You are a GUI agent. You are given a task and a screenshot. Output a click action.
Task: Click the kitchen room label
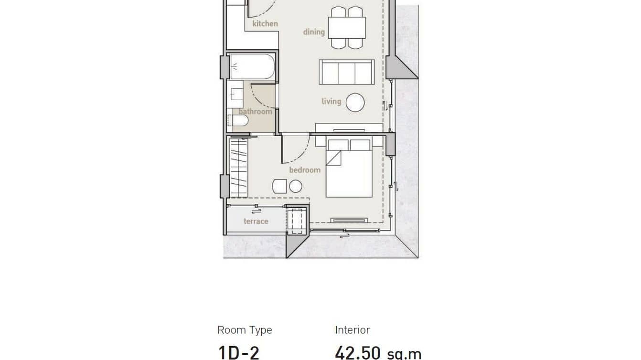coord(265,23)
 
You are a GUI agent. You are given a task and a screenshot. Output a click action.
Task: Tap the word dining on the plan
coord(314,32)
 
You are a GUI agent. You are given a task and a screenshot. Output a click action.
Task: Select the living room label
coord(331,101)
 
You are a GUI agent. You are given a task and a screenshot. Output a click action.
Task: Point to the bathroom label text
coord(255,111)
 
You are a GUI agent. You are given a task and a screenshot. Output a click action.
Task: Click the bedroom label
coord(304,170)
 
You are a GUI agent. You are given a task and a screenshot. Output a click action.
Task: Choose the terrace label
coord(256,221)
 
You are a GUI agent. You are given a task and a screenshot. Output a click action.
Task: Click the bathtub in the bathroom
coord(252,66)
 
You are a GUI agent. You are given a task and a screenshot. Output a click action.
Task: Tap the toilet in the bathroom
coord(238,122)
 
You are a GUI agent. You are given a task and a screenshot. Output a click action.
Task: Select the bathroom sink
coord(235,95)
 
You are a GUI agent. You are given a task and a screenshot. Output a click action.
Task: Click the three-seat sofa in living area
coord(346,72)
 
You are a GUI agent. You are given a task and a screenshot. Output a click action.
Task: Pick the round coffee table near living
coord(355,102)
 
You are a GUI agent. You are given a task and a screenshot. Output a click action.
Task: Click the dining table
coord(347,28)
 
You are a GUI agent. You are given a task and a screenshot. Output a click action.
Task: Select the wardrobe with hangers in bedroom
coord(239,167)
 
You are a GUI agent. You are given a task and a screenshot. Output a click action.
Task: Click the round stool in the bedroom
coord(296,186)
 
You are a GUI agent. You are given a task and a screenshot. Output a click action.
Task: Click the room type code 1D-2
coord(238,352)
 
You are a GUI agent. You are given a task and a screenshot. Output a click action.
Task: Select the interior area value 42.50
coord(357,352)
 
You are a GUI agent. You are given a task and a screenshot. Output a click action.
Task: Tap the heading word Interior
coord(352,330)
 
